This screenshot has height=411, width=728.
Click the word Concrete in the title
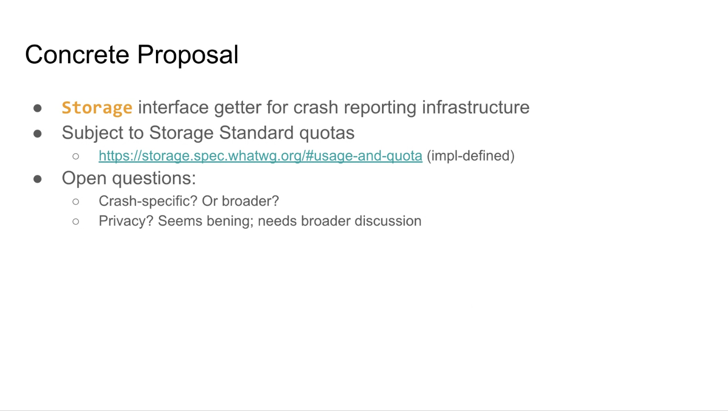[77, 55]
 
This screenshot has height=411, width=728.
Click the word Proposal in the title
[188, 55]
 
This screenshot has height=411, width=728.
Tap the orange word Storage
[97, 108]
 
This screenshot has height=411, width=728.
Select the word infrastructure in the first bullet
[476, 107]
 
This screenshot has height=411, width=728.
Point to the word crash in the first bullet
[316, 107]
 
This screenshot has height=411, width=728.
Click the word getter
[238, 108]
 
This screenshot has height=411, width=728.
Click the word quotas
[327, 133]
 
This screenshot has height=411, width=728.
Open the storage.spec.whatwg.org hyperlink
[260, 155]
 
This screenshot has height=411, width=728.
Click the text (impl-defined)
[470, 156]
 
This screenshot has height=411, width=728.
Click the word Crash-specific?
[148, 201]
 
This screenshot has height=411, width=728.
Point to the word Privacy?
[126, 221]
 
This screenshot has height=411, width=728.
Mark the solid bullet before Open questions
[37, 179]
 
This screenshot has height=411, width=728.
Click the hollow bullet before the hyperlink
[76, 156]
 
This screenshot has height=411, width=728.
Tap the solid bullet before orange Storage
[37, 108]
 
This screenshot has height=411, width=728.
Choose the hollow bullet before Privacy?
[76, 222]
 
